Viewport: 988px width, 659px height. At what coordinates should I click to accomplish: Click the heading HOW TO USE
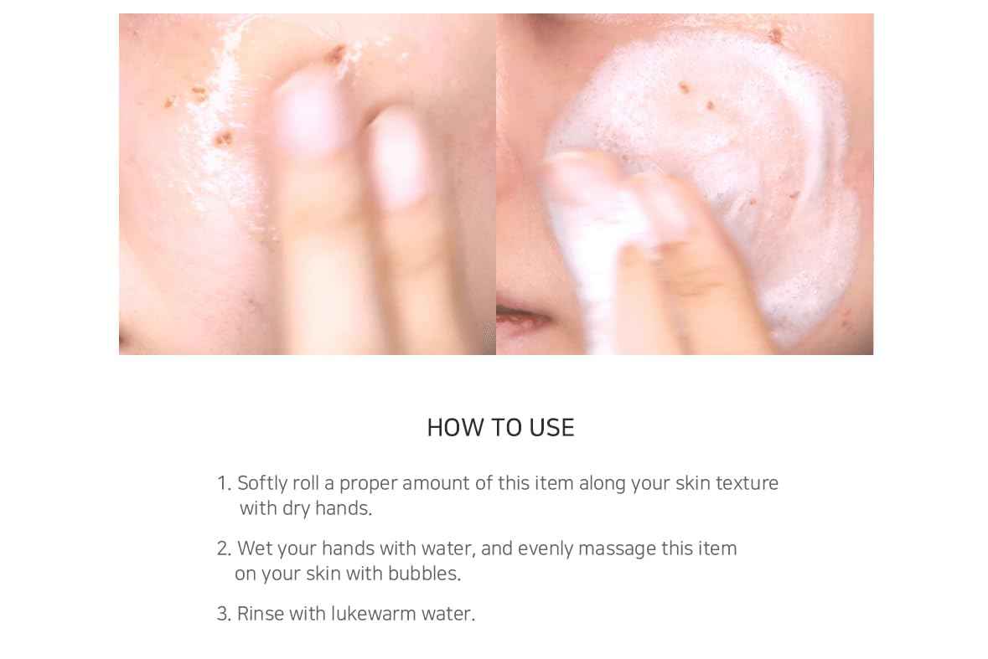[x=500, y=428]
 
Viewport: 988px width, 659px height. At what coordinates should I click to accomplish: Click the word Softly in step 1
[x=261, y=483]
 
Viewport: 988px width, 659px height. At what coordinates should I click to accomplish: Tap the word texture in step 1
[x=747, y=483]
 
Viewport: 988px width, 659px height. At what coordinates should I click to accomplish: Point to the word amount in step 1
[x=435, y=483]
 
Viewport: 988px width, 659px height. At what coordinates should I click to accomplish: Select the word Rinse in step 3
[x=260, y=614]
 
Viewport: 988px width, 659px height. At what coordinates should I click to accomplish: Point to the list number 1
[x=223, y=483]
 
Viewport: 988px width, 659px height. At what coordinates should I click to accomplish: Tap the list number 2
[x=223, y=548]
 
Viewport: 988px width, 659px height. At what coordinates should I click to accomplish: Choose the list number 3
[x=223, y=614]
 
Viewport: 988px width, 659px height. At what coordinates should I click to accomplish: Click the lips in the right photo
[x=518, y=317]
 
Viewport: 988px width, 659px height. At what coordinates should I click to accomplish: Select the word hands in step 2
[x=348, y=548]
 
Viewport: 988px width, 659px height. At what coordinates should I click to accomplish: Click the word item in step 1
[x=554, y=483]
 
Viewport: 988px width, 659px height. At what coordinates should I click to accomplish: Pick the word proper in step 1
[x=368, y=483]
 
